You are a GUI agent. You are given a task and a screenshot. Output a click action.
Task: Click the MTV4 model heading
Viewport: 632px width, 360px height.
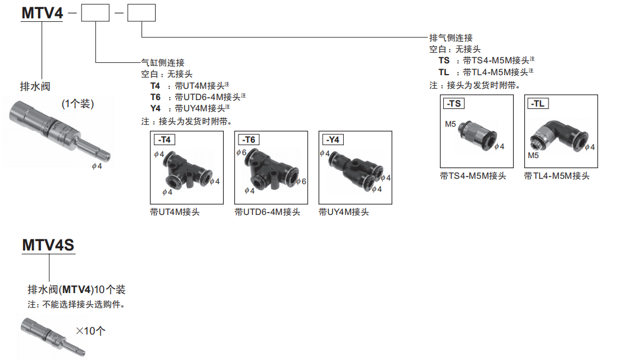click(x=42, y=12)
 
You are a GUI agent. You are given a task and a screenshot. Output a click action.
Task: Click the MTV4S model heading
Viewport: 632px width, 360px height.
click(x=48, y=245)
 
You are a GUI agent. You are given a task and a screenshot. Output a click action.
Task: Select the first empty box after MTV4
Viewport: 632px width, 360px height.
click(x=95, y=13)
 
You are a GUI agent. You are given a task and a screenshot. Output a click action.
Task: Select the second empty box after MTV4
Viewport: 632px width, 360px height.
click(x=141, y=13)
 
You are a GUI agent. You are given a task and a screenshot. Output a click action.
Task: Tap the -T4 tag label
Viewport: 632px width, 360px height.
click(x=165, y=140)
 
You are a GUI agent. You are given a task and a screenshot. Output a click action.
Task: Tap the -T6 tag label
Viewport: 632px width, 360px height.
click(x=249, y=140)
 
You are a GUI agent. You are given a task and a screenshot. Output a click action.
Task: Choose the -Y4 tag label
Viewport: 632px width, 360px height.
click(x=333, y=140)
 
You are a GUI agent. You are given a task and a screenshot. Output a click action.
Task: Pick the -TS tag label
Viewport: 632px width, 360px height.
click(x=454, y=104)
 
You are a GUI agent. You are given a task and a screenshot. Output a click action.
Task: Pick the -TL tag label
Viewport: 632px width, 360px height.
click(x=538, y=104)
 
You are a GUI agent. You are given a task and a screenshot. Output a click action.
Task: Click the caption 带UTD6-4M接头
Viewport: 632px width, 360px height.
click(x=267, y=212)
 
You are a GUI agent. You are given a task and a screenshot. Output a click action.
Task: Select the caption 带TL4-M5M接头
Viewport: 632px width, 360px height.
click(x=557, y=176)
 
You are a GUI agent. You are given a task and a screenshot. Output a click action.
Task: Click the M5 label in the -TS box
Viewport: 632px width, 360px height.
click(x=450, y=124)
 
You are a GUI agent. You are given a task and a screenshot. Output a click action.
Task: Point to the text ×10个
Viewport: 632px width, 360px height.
click(x=91, y=331)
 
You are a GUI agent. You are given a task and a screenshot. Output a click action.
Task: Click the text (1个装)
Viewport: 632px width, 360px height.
click(x=78, y=104)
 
